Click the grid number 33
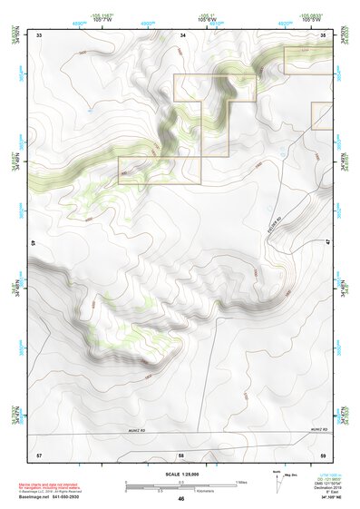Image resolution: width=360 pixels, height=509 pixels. point(40,34)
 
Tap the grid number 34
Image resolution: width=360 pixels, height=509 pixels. point(182,34)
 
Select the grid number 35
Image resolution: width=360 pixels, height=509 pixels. point(325,34)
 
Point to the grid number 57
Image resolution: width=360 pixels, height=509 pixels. point(39,453)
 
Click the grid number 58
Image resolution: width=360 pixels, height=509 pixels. point(181,453)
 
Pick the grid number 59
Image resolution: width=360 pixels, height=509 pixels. point(325,453)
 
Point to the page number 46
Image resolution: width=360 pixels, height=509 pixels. point(181,499)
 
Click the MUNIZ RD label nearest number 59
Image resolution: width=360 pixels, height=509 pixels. point(316,427)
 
